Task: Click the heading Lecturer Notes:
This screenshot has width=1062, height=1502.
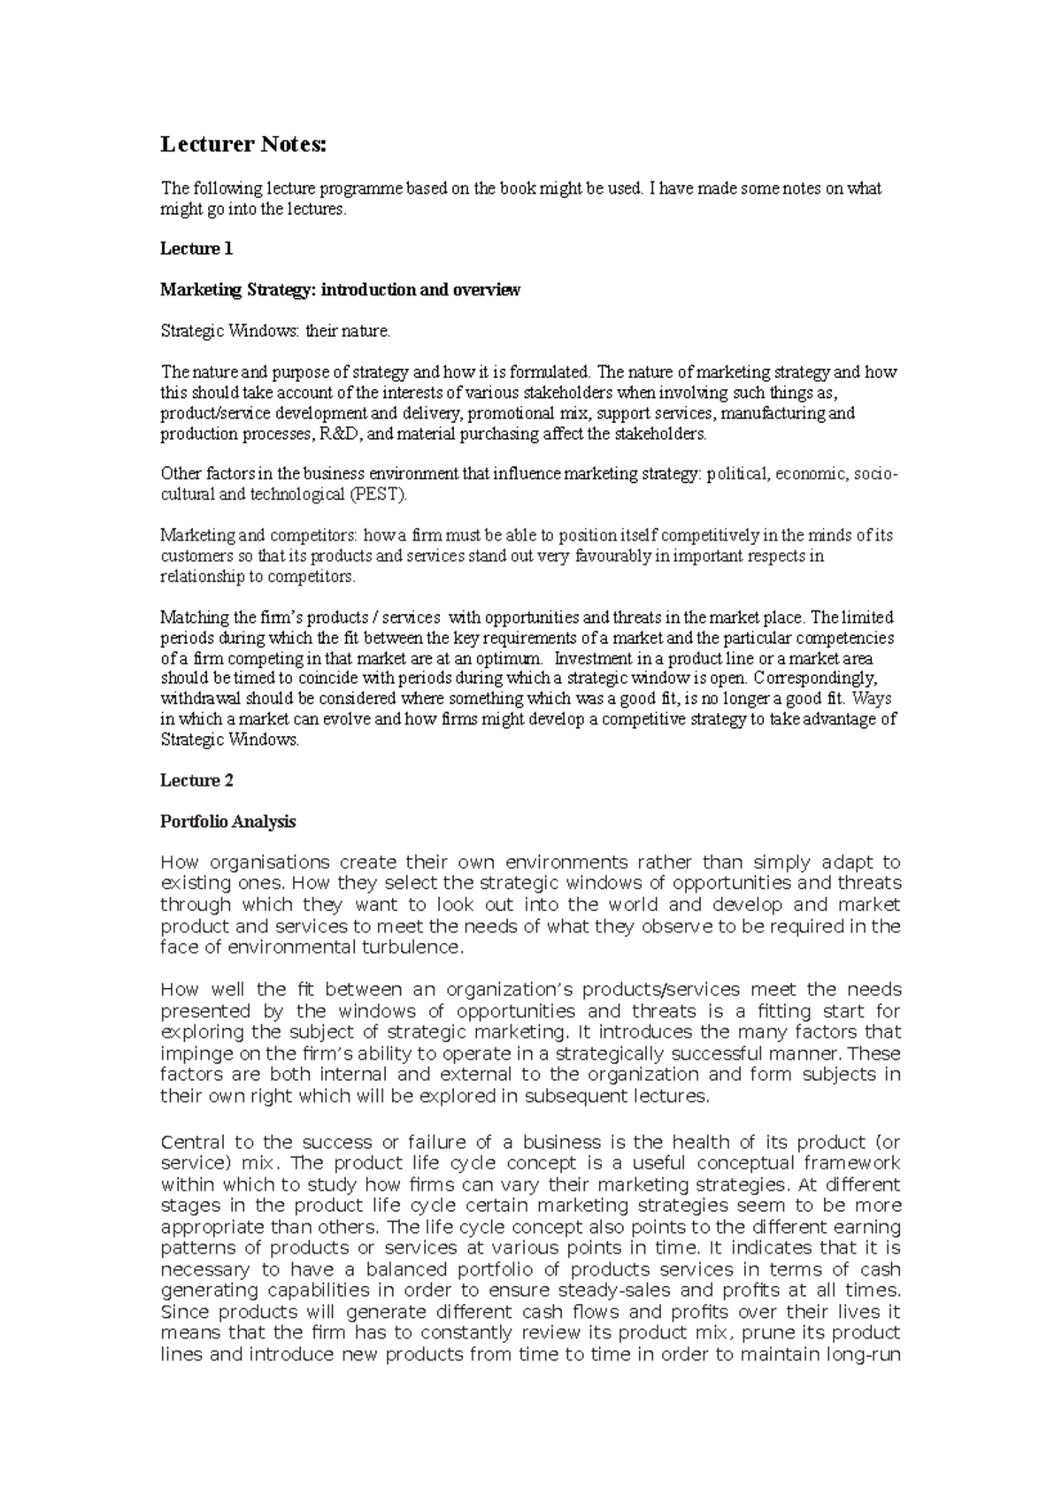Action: coord(242,145)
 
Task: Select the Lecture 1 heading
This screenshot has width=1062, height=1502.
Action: coord(196,249)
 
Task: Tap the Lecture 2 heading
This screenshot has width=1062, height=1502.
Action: coord(196,780)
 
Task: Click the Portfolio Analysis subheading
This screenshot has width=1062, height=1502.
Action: coord(227,822)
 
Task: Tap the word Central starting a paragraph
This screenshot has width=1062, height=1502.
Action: coord(193,1142)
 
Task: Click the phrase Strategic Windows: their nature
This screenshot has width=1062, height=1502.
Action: coord(274,332)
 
